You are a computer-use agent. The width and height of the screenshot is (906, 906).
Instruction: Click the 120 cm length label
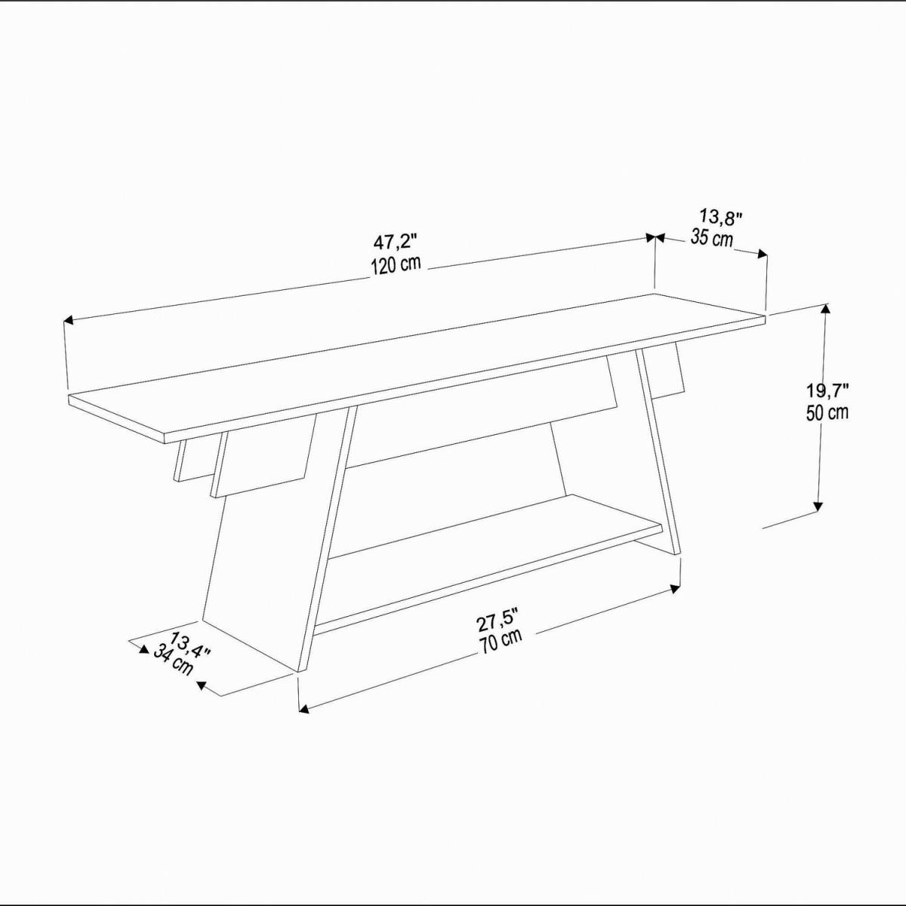pos(396,266)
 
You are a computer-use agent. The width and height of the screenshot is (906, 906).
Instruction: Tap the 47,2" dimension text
pos(396,243)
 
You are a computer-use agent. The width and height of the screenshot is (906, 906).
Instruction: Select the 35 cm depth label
pos(712,238)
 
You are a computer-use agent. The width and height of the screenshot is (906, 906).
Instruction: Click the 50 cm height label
pos(827,412)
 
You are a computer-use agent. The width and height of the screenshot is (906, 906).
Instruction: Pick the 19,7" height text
pos(827,390)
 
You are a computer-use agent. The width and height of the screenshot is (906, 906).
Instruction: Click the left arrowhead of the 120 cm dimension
pos(68,320)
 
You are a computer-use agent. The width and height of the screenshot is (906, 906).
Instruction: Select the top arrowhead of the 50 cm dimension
pos(825,309)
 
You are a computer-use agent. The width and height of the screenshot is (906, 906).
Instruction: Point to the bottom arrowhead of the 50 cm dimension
pos(818,506)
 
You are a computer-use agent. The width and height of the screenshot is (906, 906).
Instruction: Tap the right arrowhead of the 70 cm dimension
pos(676,589)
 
